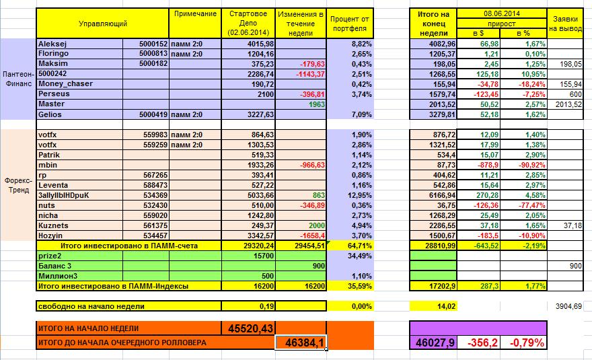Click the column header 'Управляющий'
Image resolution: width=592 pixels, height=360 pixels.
click(x=102, y=24)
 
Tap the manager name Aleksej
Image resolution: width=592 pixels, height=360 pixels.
click(x=52, y=44)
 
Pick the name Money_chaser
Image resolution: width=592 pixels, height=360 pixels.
click(x=66, y=83)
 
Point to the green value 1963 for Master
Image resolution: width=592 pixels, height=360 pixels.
click(x=316, y=104)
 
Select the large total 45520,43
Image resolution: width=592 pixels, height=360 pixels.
click(x=248, y=328)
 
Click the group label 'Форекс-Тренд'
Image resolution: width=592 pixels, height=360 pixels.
click(x=17, y=184)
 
